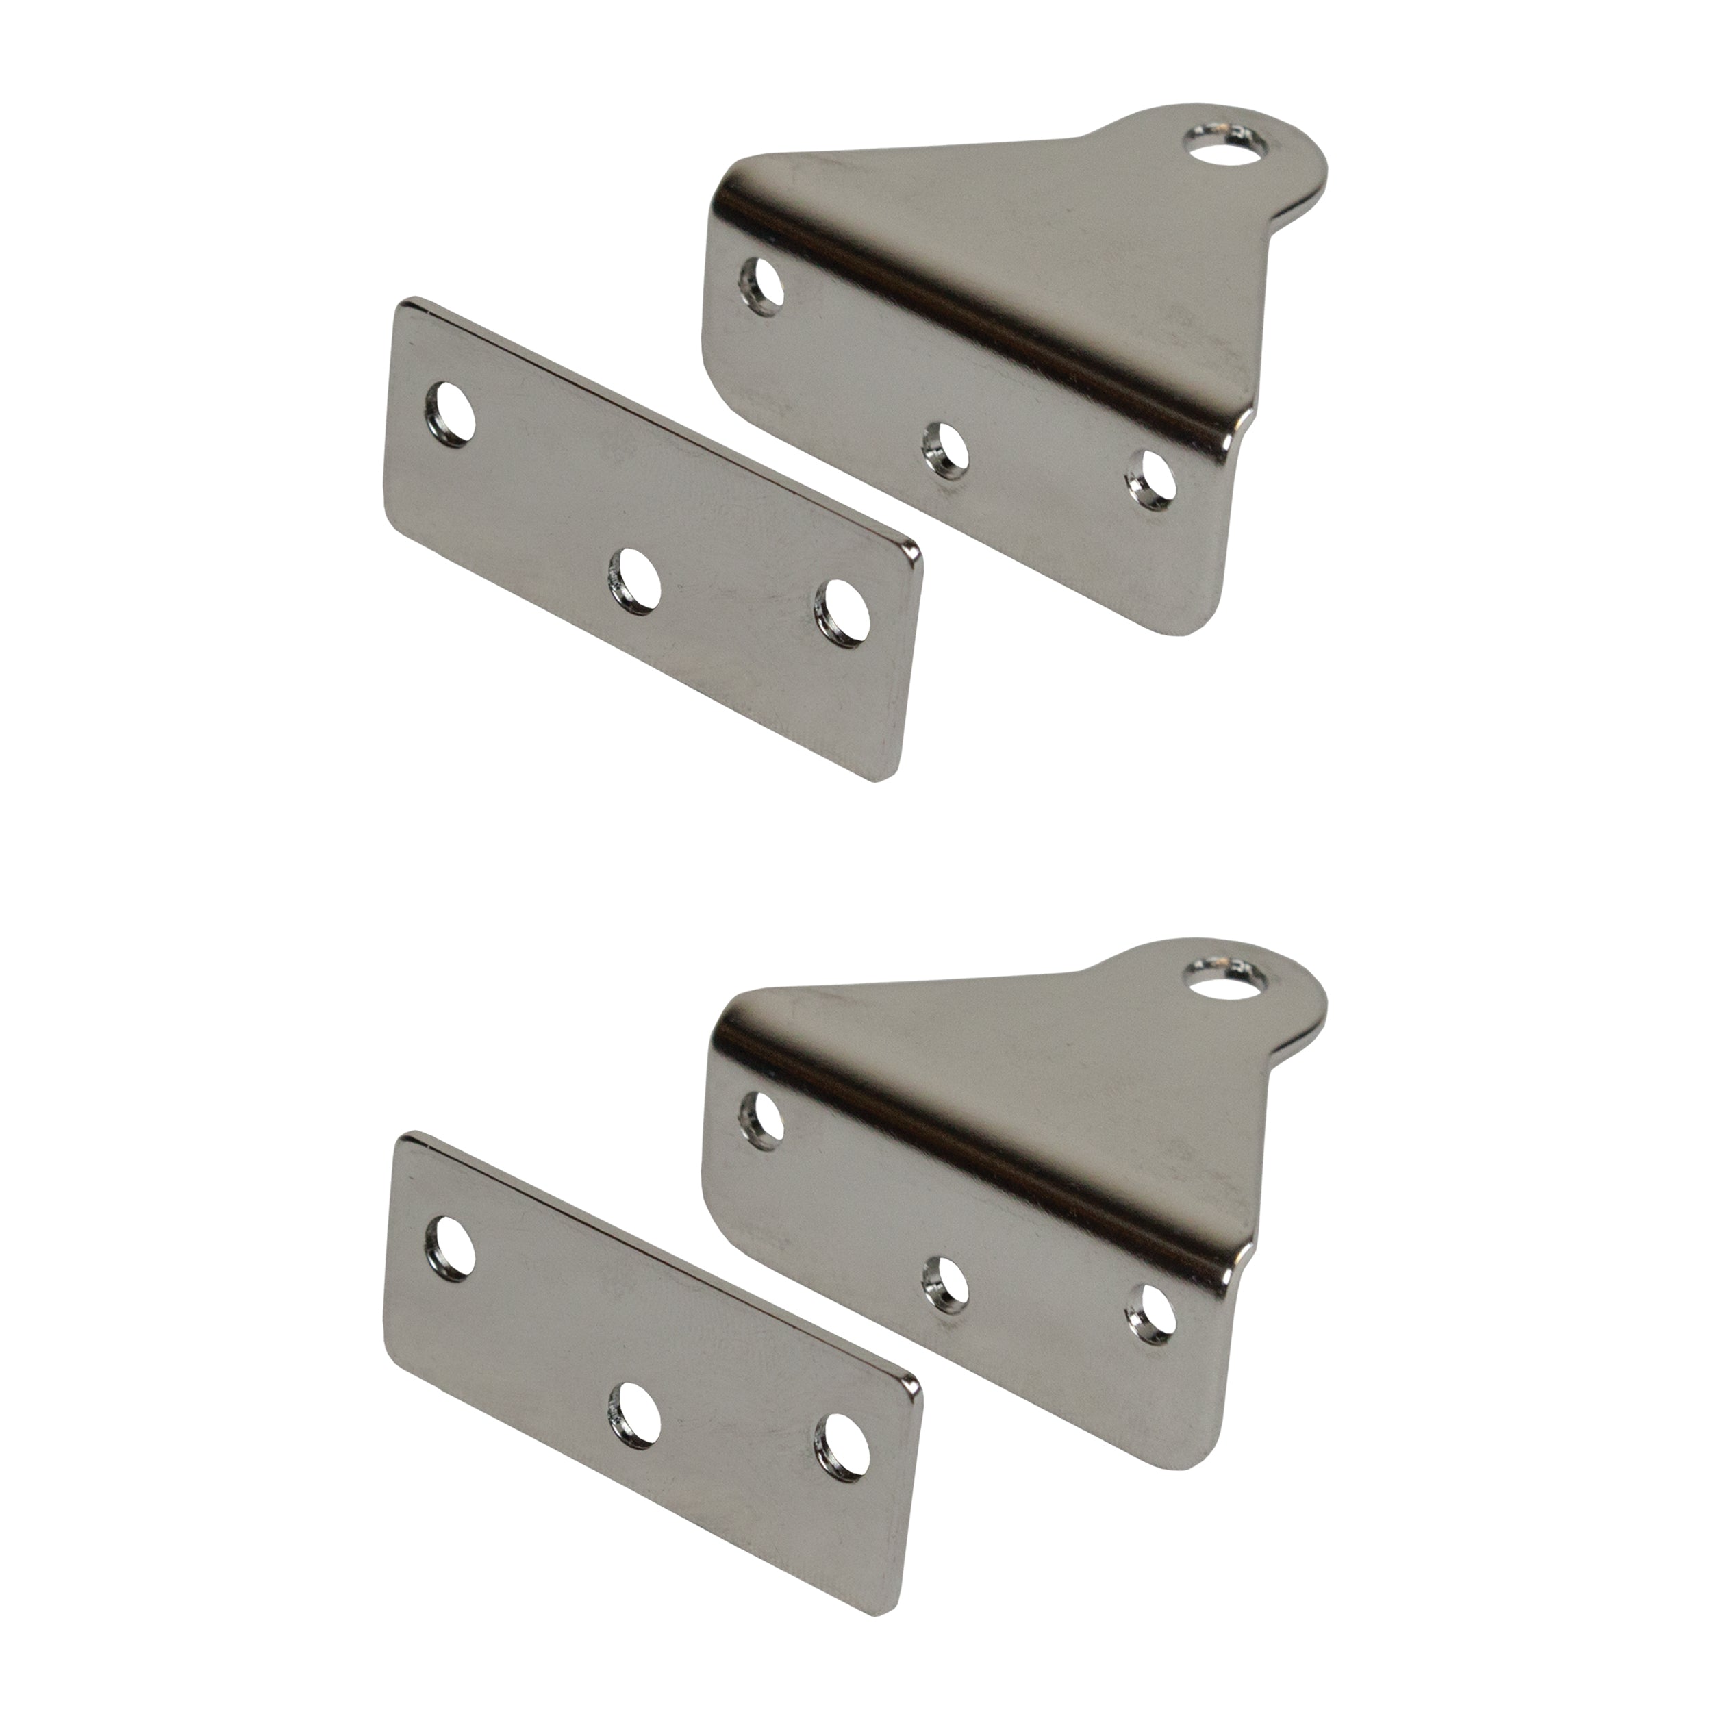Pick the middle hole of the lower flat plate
click(635, 1413)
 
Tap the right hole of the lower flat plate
click(841, 1444)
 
